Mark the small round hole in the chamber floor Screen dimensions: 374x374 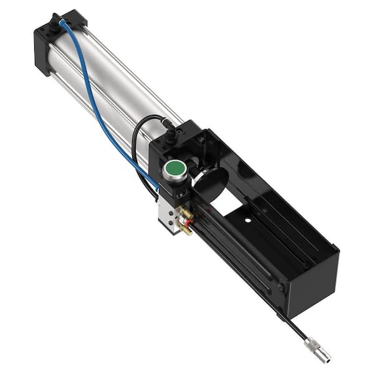click(x=248, y=220)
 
